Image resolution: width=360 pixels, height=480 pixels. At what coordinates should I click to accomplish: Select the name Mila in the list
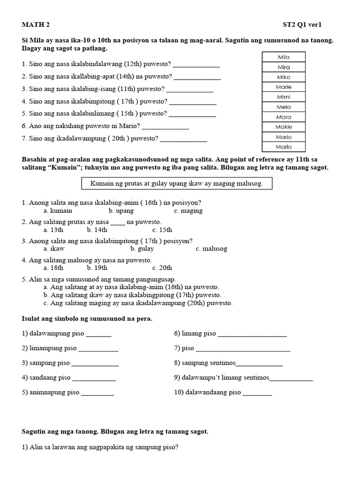[284, 57]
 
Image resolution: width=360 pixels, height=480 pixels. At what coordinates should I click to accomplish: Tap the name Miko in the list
[284, 77]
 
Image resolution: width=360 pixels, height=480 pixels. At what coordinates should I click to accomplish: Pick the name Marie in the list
[284, 87]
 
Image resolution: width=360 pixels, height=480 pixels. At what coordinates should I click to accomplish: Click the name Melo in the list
[284, 107]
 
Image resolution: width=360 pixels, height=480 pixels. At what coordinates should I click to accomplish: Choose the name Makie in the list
[284, 127]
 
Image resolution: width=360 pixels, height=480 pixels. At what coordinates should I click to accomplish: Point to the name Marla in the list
[284, 147]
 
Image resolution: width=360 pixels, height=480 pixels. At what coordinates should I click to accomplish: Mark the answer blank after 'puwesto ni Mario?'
[165, 127]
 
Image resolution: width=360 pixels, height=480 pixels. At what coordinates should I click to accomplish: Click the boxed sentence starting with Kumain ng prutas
[176, 184]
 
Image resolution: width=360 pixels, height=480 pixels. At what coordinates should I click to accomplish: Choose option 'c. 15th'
[162, 230]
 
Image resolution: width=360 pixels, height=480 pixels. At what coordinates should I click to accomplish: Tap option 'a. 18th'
[53, 268]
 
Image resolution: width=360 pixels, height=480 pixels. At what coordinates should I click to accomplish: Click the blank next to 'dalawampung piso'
[99, 335]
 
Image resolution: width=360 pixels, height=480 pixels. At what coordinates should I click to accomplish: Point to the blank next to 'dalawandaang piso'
[257, 393]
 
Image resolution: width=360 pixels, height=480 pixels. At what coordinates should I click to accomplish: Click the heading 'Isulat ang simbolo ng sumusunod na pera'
[87, 319]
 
